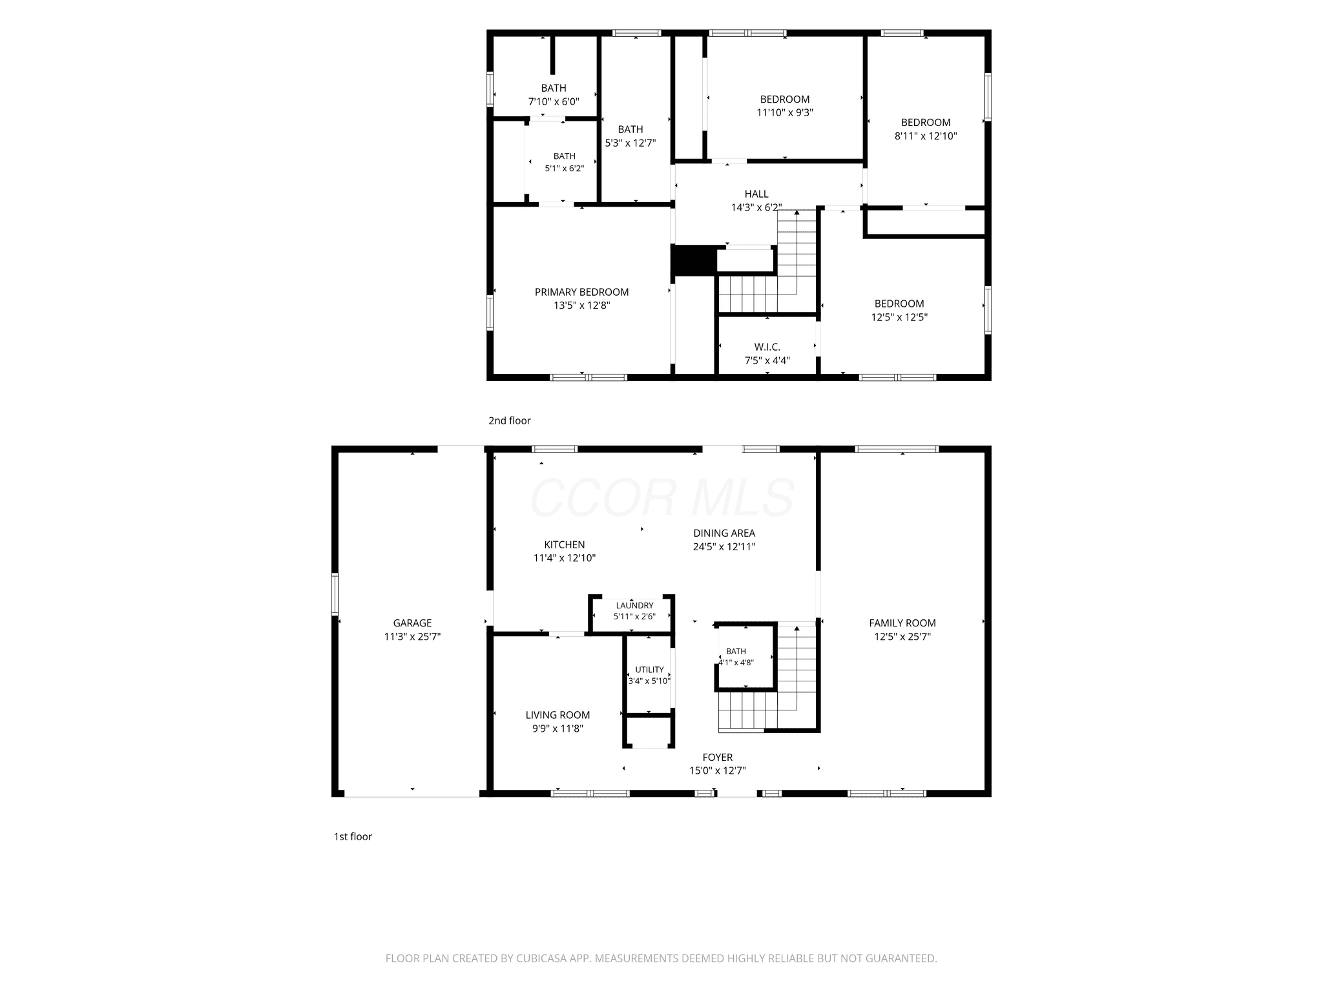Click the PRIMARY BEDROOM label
click(581, 292)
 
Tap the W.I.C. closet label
click(767, 347)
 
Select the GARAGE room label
click(412, 623)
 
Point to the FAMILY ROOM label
click(902, 623)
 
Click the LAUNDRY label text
click(634, 606)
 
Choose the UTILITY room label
click(649, 670)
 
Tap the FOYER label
click(718, 758)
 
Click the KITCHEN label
click(564, 545)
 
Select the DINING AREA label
click(724, 533)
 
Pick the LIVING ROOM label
click(557, 715)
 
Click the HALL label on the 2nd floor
click(756, 194)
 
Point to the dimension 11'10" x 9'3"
click(785, 112)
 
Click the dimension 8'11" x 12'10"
click(926, 136)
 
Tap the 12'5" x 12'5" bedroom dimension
click(899, 317)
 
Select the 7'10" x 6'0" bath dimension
click(554, 101)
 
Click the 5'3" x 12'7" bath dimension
click(630, 143)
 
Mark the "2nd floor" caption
click(509, 420)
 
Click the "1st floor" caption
click(353, 836)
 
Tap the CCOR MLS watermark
click(662, 497)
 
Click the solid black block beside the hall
click(694, 261)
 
